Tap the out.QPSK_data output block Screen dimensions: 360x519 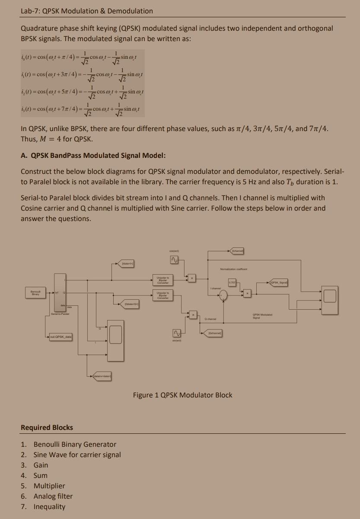61,336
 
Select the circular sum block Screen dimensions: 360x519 223,295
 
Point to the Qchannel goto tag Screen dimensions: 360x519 215,333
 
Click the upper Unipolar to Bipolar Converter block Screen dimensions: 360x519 163,279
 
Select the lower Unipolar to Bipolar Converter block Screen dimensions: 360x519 163,295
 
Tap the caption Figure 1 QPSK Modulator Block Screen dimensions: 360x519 182,395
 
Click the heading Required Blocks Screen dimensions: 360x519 47,427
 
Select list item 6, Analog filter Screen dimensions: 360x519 53,496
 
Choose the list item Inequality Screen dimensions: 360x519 49,506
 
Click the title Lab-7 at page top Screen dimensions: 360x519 86,10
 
